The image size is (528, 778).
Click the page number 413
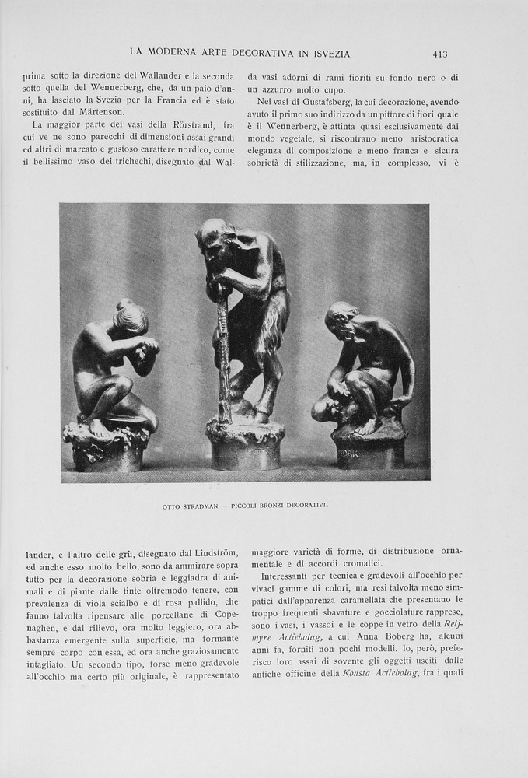(440, 54)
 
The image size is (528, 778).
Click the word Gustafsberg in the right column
(326, 103)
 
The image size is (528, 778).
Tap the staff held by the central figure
(224, 350)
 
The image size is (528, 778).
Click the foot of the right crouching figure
(365, 427)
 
